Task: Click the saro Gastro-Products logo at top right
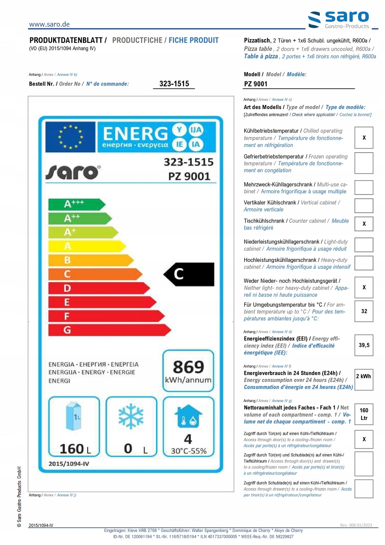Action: [x=339, y=20]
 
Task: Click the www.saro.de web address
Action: [x=49, y=24]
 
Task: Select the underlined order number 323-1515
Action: [x=174, y=84]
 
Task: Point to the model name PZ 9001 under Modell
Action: [x=256, y=84]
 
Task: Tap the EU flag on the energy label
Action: [x=70, y=137]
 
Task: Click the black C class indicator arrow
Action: [x=190, y=274]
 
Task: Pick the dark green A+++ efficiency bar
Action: [x=76, y=204]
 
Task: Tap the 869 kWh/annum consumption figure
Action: [x=188, y=371]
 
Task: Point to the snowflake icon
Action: [x=131, y=416]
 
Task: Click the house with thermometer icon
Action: [x=188, y=416]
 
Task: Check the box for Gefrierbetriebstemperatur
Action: [x=364, y=163]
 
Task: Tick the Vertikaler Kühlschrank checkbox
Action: [x=364, y=206]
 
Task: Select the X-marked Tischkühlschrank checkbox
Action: [x=364, y=224]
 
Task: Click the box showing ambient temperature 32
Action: [x=364, y=311]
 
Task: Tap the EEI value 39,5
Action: [x=364, y=345]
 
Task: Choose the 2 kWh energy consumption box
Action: [x=363, y=380]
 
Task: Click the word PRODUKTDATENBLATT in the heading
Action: [x=66, y=40]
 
